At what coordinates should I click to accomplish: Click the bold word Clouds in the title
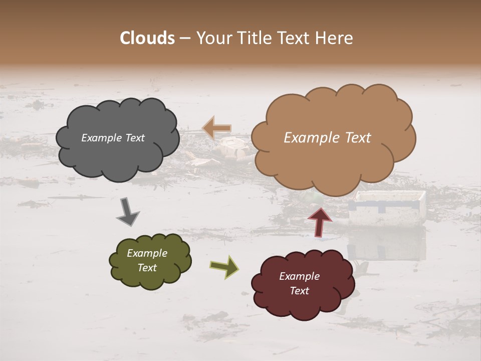pyautogui.click(x=147, y=38)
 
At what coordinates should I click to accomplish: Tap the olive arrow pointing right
pyautogui.click(x=224, y=266)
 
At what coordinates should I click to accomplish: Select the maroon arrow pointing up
pyautogui.click(x=320, y=221)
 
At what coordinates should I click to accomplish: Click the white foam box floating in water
pyautogui.click(x=387, y=208)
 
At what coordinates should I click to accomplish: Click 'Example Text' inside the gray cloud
pyautogui.click(x=113, y=138)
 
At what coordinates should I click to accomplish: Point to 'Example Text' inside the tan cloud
pyautogui.click(x=327, y=138)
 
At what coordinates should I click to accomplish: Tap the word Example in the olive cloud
pyautogui.click(x=147, y=253)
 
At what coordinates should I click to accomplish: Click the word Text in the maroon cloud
pyautogui.click(x=299, y=291)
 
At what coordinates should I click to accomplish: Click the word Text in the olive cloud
pyautogui.click(x=147, y=268)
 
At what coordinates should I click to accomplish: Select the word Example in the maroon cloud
pyautogui.click(x=299, y=276)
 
